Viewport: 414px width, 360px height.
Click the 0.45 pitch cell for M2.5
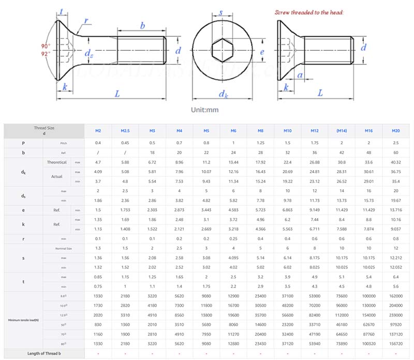point(125,143)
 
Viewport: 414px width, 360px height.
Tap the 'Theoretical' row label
point(57,162)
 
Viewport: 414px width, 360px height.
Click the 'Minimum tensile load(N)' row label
point(23,320)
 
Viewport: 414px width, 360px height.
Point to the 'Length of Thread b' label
point(45,353)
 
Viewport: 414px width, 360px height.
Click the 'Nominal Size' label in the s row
point(63,249)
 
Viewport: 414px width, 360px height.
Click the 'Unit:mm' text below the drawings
point(205,110)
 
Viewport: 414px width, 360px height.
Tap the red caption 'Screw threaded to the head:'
point(309,12)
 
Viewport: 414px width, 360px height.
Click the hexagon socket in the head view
point(221,51)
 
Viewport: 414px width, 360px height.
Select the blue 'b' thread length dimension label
point(142,25)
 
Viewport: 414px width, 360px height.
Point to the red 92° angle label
point(46,53)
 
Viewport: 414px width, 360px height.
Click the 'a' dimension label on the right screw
point(301,76)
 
